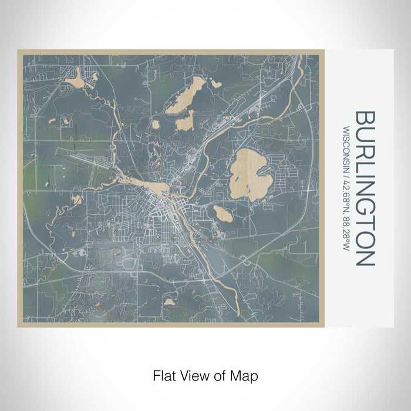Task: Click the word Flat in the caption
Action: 163,375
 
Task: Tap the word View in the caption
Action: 190,375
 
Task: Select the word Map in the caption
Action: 246,375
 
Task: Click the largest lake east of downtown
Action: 247,174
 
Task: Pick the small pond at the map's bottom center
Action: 170,302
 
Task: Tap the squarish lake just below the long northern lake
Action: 184,122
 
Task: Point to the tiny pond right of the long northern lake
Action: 216,83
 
